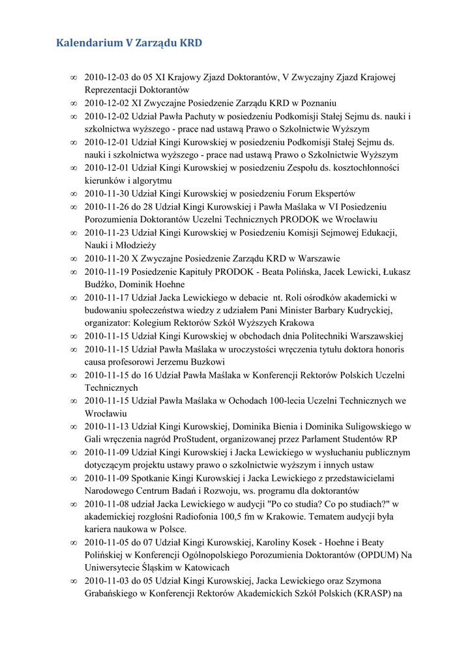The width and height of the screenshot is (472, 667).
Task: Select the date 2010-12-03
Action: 108,77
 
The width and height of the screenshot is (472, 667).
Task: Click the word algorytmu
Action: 151,180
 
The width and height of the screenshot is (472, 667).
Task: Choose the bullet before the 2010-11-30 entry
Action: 74,193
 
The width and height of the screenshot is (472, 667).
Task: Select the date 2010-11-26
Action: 108,206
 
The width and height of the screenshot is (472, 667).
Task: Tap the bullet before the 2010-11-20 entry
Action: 74,259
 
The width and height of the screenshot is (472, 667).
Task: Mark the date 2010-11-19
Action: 108,272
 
